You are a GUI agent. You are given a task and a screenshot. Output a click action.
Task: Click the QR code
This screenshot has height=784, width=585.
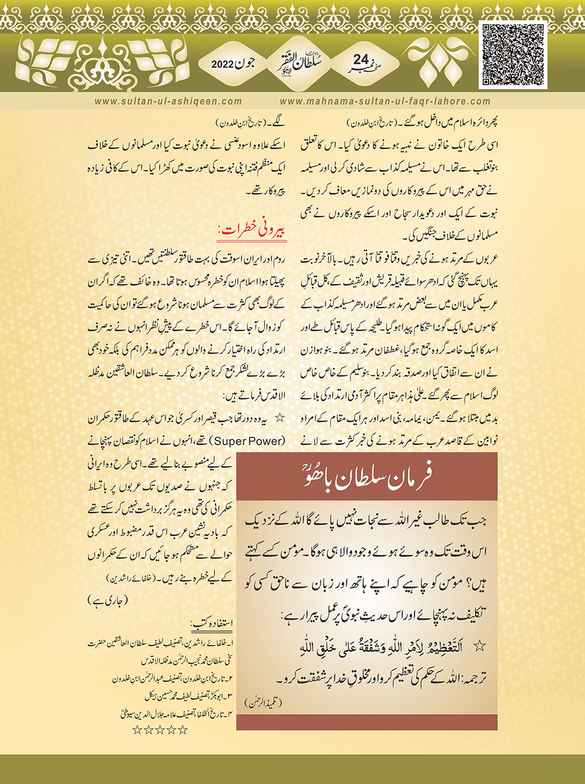(513, 56)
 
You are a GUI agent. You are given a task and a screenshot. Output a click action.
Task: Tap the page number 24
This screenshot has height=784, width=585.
(360, 60)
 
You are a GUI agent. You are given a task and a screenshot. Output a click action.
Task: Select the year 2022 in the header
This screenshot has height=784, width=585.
(223, 64)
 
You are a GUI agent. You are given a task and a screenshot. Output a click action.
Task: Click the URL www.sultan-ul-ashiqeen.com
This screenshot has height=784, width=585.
(168, 101)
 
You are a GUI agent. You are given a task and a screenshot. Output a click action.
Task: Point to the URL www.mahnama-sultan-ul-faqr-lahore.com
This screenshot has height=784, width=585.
(385, 101)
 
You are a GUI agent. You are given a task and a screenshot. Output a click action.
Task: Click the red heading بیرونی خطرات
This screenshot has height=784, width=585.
(252, 230)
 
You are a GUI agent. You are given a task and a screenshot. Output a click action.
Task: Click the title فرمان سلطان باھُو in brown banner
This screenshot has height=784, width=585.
(367, 476)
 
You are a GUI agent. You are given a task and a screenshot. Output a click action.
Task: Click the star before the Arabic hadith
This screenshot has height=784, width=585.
(480, 646)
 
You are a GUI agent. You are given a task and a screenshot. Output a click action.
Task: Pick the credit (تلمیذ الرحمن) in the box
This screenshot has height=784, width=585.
(266, 703)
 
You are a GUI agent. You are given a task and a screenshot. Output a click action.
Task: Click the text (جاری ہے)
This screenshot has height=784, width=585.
(108, 600)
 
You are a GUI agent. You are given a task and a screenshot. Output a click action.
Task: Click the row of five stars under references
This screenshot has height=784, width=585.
(160, 730)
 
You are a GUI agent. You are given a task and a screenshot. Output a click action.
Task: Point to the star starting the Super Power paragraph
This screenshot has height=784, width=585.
(279, 418)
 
